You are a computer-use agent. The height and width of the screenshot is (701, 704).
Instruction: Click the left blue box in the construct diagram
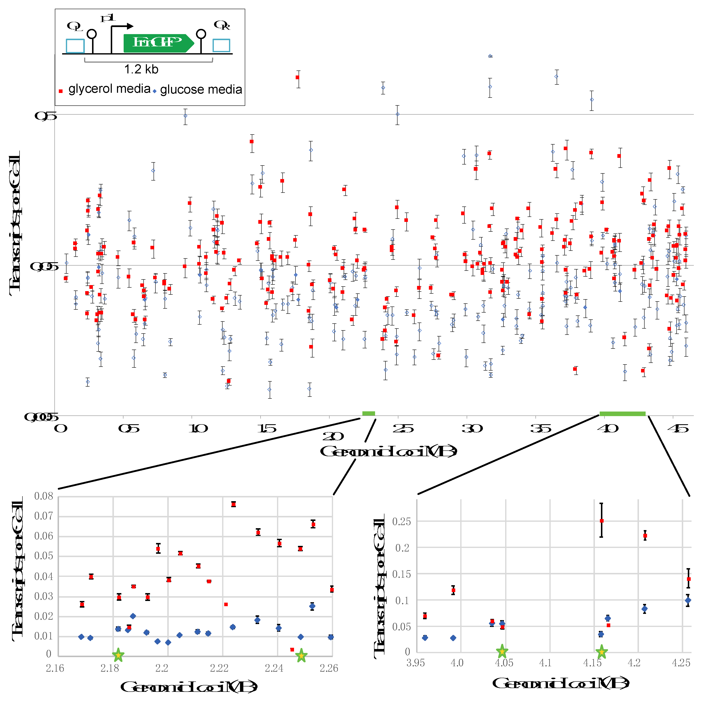pos(75,46)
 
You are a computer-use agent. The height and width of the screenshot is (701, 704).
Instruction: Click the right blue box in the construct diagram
pos(221,46)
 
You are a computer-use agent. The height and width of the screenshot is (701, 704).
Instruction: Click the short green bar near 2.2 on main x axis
pos(368,413)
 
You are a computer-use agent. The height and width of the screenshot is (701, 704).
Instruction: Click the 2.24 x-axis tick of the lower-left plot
pos(274,668)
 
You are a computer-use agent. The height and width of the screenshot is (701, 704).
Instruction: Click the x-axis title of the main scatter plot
pos(388,451)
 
